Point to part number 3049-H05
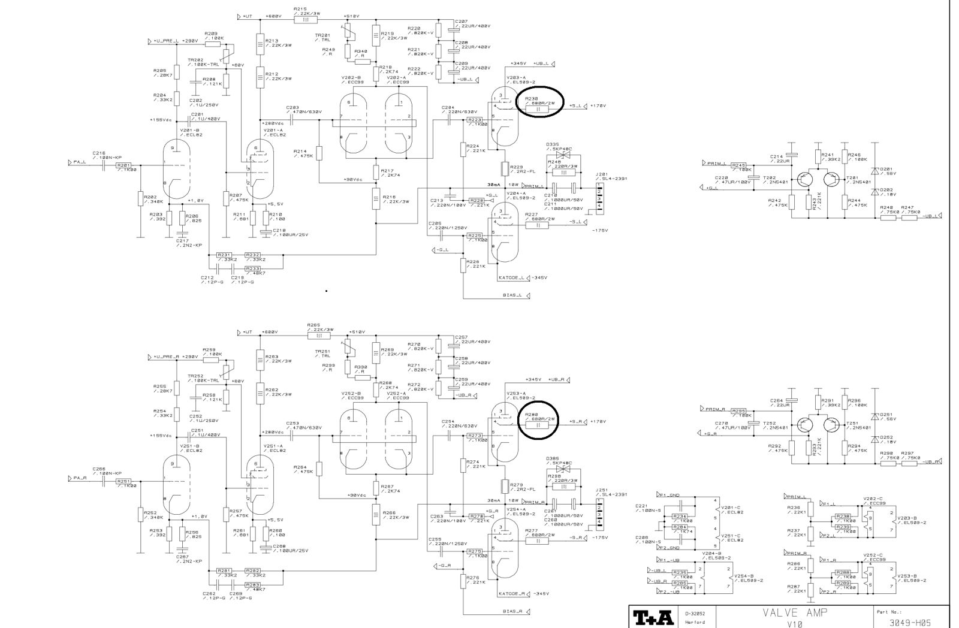(910, 622)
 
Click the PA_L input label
(79, 162)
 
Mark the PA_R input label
(79, 478)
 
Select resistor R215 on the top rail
(306, 19)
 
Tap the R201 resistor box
(123, 165)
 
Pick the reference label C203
(292, 108)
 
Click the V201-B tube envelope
(176, 170)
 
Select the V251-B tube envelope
(176, 487)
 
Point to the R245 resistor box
(738, 165)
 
